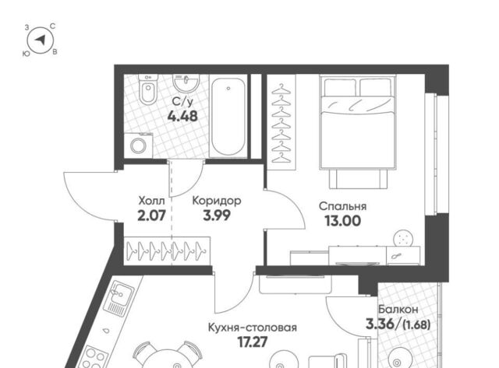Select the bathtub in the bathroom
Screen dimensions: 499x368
(228, 116)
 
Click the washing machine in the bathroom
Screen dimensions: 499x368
(138, 145)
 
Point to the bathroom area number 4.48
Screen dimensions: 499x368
(182, 117)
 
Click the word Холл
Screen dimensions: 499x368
(152, 201)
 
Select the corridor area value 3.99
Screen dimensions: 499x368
(217, 216)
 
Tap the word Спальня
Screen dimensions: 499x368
(342, 206)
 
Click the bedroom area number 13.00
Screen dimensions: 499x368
(342, 221)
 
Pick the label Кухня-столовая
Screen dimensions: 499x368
(253, 328)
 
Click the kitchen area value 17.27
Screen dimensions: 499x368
(253, 342)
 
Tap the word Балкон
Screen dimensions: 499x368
(398, 309)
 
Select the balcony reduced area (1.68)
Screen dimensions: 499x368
(416, 324)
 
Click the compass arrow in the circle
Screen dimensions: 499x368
(41, 40)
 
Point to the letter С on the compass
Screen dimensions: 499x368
(53, 26)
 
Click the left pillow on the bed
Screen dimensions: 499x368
(340, 87)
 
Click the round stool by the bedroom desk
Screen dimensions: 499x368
(404, 238)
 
